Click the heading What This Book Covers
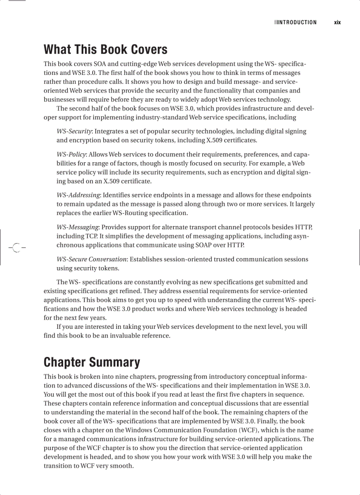click(x=105, y=49)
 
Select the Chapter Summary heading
click(x=92, y=362)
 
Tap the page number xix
click(x=337, y=22)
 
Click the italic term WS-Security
click(x=74, y=131)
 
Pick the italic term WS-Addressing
click(x=78, y=195)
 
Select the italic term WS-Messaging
click(x=77, y=227)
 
